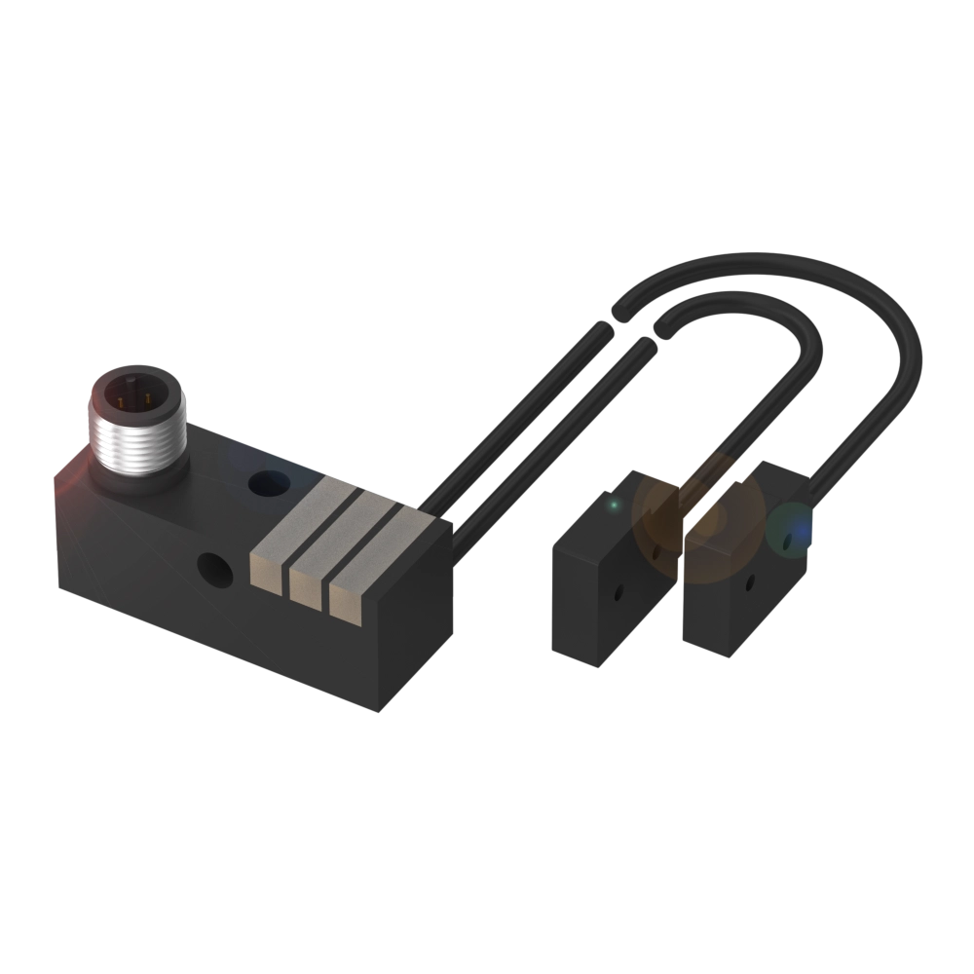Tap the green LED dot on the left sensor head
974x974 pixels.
click(613, 506)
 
